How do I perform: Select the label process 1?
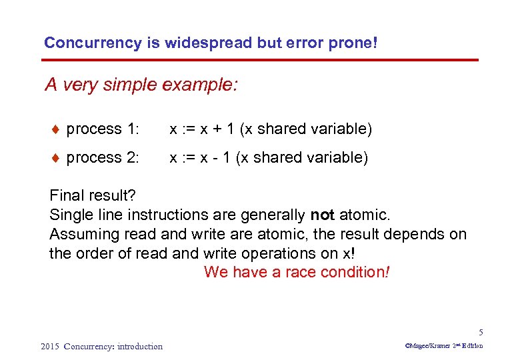click(x=103, y=129)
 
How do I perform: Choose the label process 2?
click(x=103, y=158)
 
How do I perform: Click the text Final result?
click(x=93, y=196)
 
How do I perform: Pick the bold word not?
click(x=323, y=215)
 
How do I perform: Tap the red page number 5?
click(x=480, y=333)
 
